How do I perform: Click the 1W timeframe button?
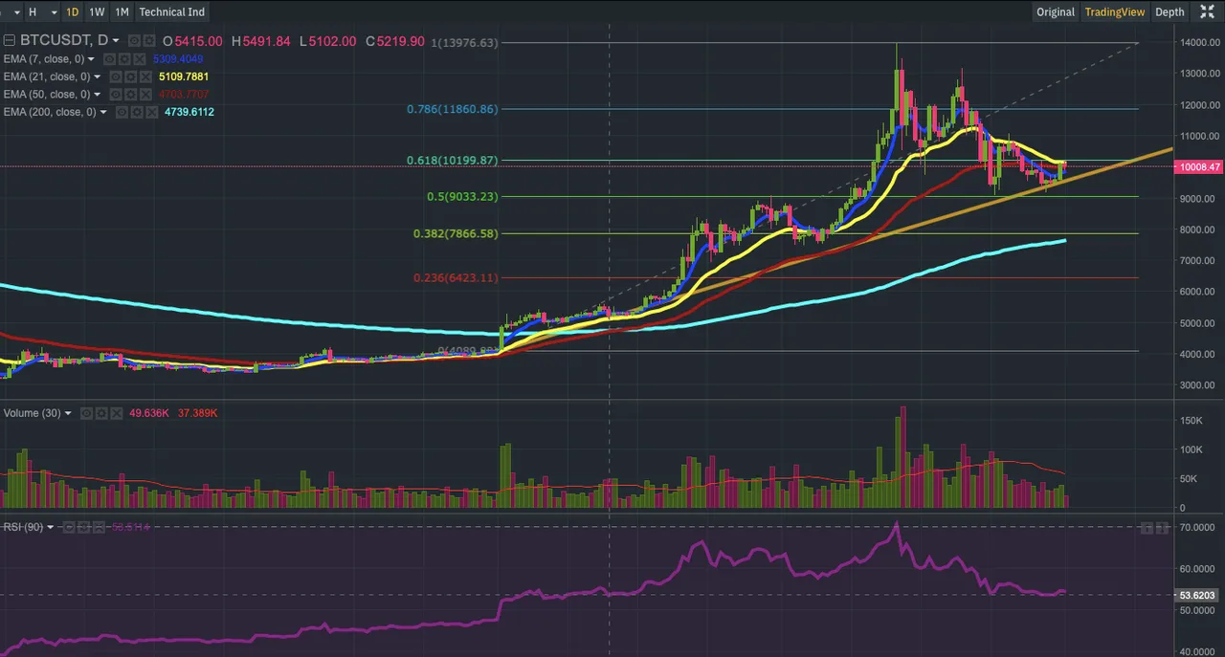97,12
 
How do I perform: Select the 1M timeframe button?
122,12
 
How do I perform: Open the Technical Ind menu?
172,12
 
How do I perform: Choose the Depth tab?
1169,12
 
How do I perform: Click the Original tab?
1056,12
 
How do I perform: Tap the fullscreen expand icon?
1208,12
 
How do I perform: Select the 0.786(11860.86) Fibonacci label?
451,109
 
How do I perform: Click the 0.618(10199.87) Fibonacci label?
451,160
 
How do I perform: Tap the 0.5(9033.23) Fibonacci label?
463,196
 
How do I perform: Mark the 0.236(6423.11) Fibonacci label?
456,278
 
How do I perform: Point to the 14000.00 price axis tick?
1198,42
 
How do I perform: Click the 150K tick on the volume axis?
1192,420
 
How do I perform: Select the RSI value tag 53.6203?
1195,595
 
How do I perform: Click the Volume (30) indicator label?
33,413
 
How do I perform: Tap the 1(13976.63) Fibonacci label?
464,43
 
